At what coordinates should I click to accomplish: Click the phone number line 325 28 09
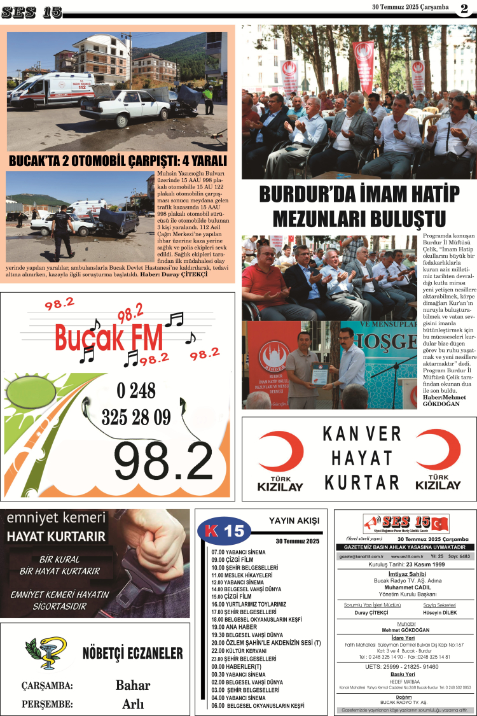[x=136, y=417]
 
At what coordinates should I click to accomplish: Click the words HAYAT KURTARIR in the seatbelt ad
[x=56, y=537]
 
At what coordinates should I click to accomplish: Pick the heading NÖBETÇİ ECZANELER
[x=132, y=654]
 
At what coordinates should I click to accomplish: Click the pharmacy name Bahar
[x=133, y=685]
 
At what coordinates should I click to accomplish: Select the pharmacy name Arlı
[x=133, y=704]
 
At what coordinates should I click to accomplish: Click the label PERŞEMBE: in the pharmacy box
[x=47, y=705]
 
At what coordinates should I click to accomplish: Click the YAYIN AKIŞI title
[x=294, y=521]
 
